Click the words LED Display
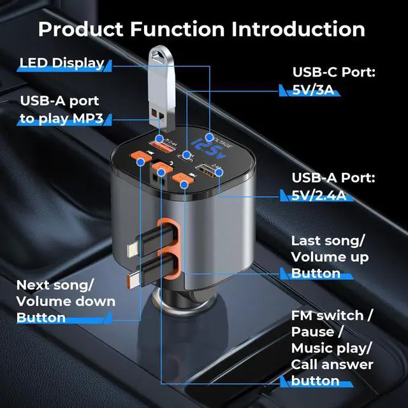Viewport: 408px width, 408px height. [x=61, y=62]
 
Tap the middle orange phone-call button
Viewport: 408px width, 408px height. [x=163, y=170]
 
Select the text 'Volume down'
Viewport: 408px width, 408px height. [x=66, y=301]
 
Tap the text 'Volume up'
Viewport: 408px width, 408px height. [x=330, y=258]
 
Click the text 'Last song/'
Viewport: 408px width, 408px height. [x=328, y=241]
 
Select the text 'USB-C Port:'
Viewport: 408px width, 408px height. [x=333, y=71]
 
